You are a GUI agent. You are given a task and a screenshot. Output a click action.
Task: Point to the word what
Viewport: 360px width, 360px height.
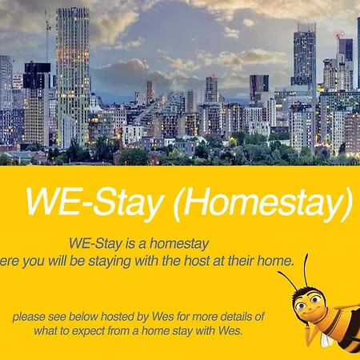point(41,331)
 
